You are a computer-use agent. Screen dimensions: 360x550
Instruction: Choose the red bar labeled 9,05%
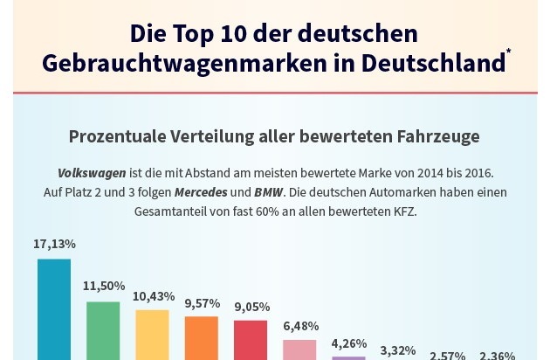coord(251,340)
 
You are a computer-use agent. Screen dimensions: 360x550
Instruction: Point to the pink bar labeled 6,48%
coord(299,350)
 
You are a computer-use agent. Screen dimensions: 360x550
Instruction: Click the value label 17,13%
coord(54,244)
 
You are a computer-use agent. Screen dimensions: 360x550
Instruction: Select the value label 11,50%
coord(104,286)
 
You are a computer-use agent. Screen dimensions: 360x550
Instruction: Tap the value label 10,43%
coord(154,296)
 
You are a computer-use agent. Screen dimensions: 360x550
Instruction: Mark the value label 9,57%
coord(201,302)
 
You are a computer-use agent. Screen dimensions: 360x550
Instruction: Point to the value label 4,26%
coord(349,343)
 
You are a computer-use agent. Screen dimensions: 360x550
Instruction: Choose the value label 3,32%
coord(398,350)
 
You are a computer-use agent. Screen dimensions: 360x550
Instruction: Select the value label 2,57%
coord(448,356)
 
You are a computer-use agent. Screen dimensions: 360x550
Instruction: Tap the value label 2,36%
coord(497,356)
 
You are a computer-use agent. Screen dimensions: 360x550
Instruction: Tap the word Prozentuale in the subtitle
coord(112,137)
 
